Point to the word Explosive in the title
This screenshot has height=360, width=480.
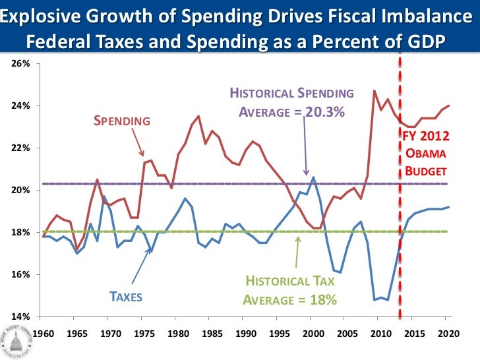[x=44, y=15]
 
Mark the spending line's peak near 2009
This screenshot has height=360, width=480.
[x=375, y=91]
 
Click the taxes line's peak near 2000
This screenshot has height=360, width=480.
[x=313, y=177]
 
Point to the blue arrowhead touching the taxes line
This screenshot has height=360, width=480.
[x=150, y=249]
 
